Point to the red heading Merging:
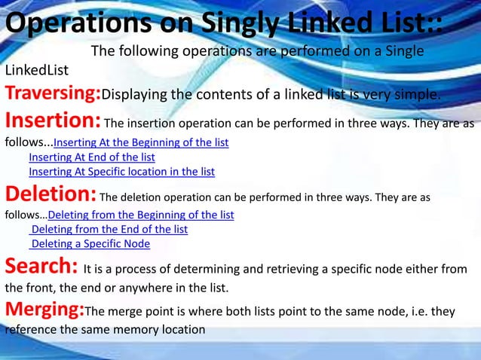click(x=44, y=310)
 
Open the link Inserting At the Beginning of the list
click(x=141, y=142)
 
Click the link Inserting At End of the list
click(x=92, y=157)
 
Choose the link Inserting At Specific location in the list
click(x=121, y=172)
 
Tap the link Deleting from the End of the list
click(x=109, y=229)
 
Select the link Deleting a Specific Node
click(x=90, y=243)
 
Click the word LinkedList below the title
click(x=37, y=71)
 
